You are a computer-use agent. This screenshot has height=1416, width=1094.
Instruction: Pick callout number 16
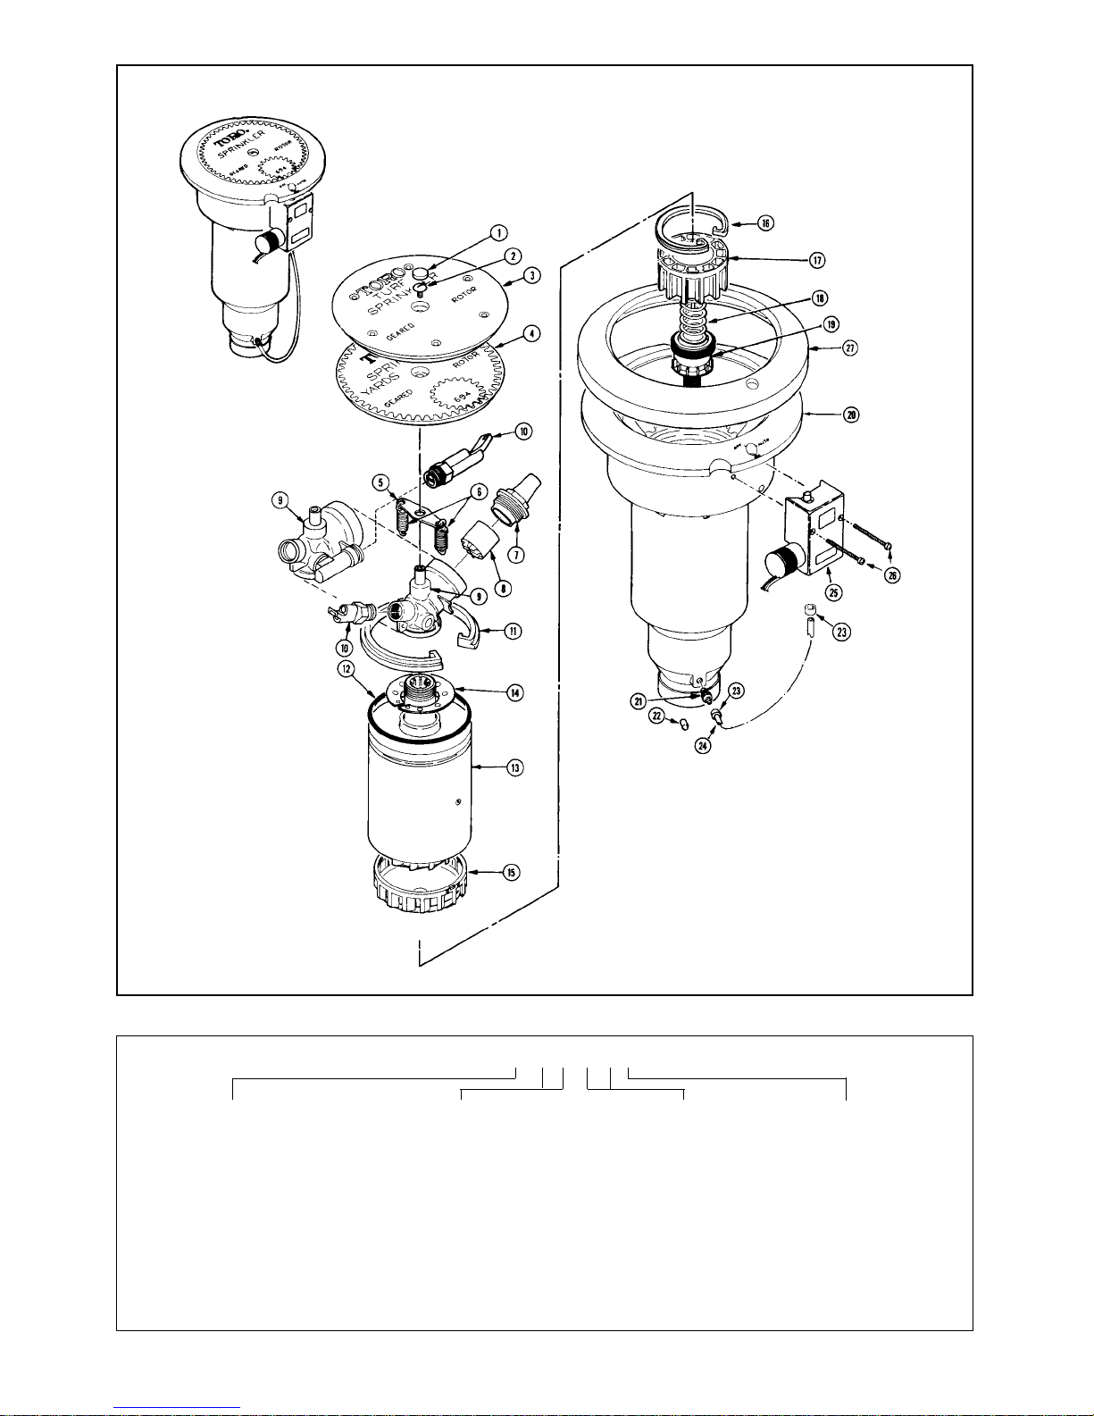(765, 223)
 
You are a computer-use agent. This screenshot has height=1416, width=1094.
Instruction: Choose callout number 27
(851, 347)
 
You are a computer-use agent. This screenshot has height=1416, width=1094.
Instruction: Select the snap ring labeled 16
(692, 223)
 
